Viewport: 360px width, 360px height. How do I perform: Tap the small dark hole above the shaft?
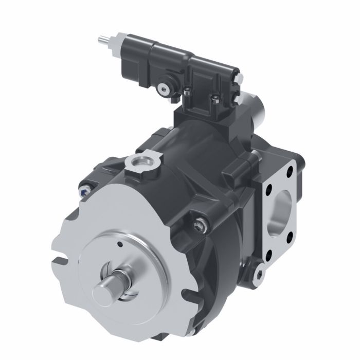[x=118, y=244]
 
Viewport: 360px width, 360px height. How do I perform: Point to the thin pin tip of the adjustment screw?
[x=101, y=39]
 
